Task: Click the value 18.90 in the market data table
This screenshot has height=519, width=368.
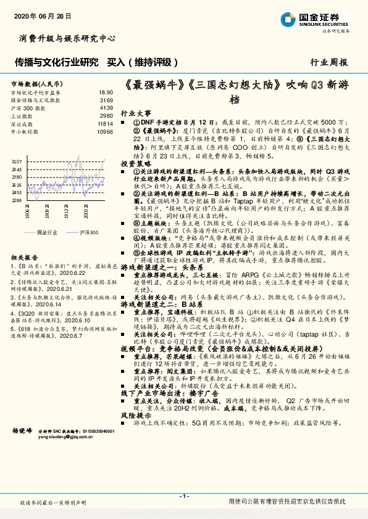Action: pyautogui.click(x=106, y=92)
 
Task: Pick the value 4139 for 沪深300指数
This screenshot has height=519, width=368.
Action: pyautogui.click(x=106, y=107)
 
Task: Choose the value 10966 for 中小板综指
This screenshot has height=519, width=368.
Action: pyautogui.click(x=105, y=131)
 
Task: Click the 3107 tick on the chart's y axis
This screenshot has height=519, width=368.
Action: pyautogui.click(x=16, y=161)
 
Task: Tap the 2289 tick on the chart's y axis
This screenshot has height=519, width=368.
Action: pyautogui.click(x=16, y=200)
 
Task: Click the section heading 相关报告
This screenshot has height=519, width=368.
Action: pyautogui.click(x=25, y=258)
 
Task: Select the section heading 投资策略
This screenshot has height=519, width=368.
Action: pyautogui.click(x=136, y=164)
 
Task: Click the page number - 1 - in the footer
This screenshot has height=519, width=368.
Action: pyautogui.click(x=183, y=496)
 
